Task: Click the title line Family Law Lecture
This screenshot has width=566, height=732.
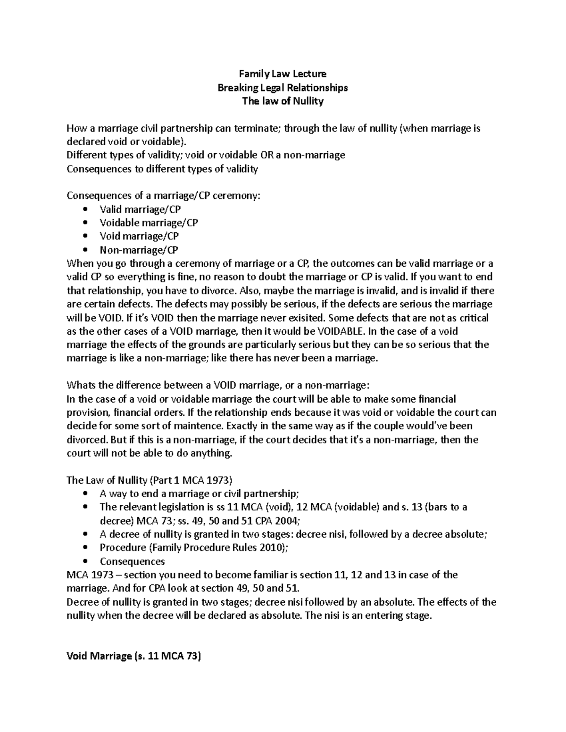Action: coord(283,74)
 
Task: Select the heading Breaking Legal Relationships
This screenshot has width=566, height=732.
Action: coord(283,87)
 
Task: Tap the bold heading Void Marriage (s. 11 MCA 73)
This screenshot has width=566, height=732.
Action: coord(134,656)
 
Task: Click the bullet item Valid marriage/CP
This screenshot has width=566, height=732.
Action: coord(140,209)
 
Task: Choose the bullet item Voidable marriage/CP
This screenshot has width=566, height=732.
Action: coord(149,222)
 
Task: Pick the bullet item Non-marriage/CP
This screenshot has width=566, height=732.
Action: coord(139,250)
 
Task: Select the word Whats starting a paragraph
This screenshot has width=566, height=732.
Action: coord(81,386)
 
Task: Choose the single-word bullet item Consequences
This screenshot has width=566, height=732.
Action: coord(132,561)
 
